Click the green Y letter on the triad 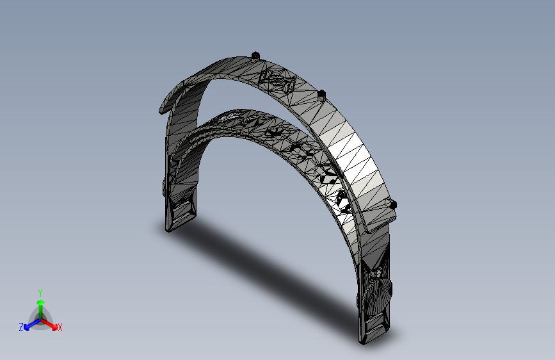pyautogui.click(x=40, y=291)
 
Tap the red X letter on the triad pyautogui.click(x=60, y=327)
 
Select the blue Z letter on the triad pyautogui.click(x=21, y=327)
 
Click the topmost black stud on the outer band pyautogui.click(x=256, y=56)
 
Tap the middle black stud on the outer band pyautogui.click(x=322, y=95)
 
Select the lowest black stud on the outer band pyautogui.click(x=393, y=204)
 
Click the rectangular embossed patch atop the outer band pyautogui.click(x=277, y=81)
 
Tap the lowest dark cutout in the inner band pyautogui.click(x=342, y=200)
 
